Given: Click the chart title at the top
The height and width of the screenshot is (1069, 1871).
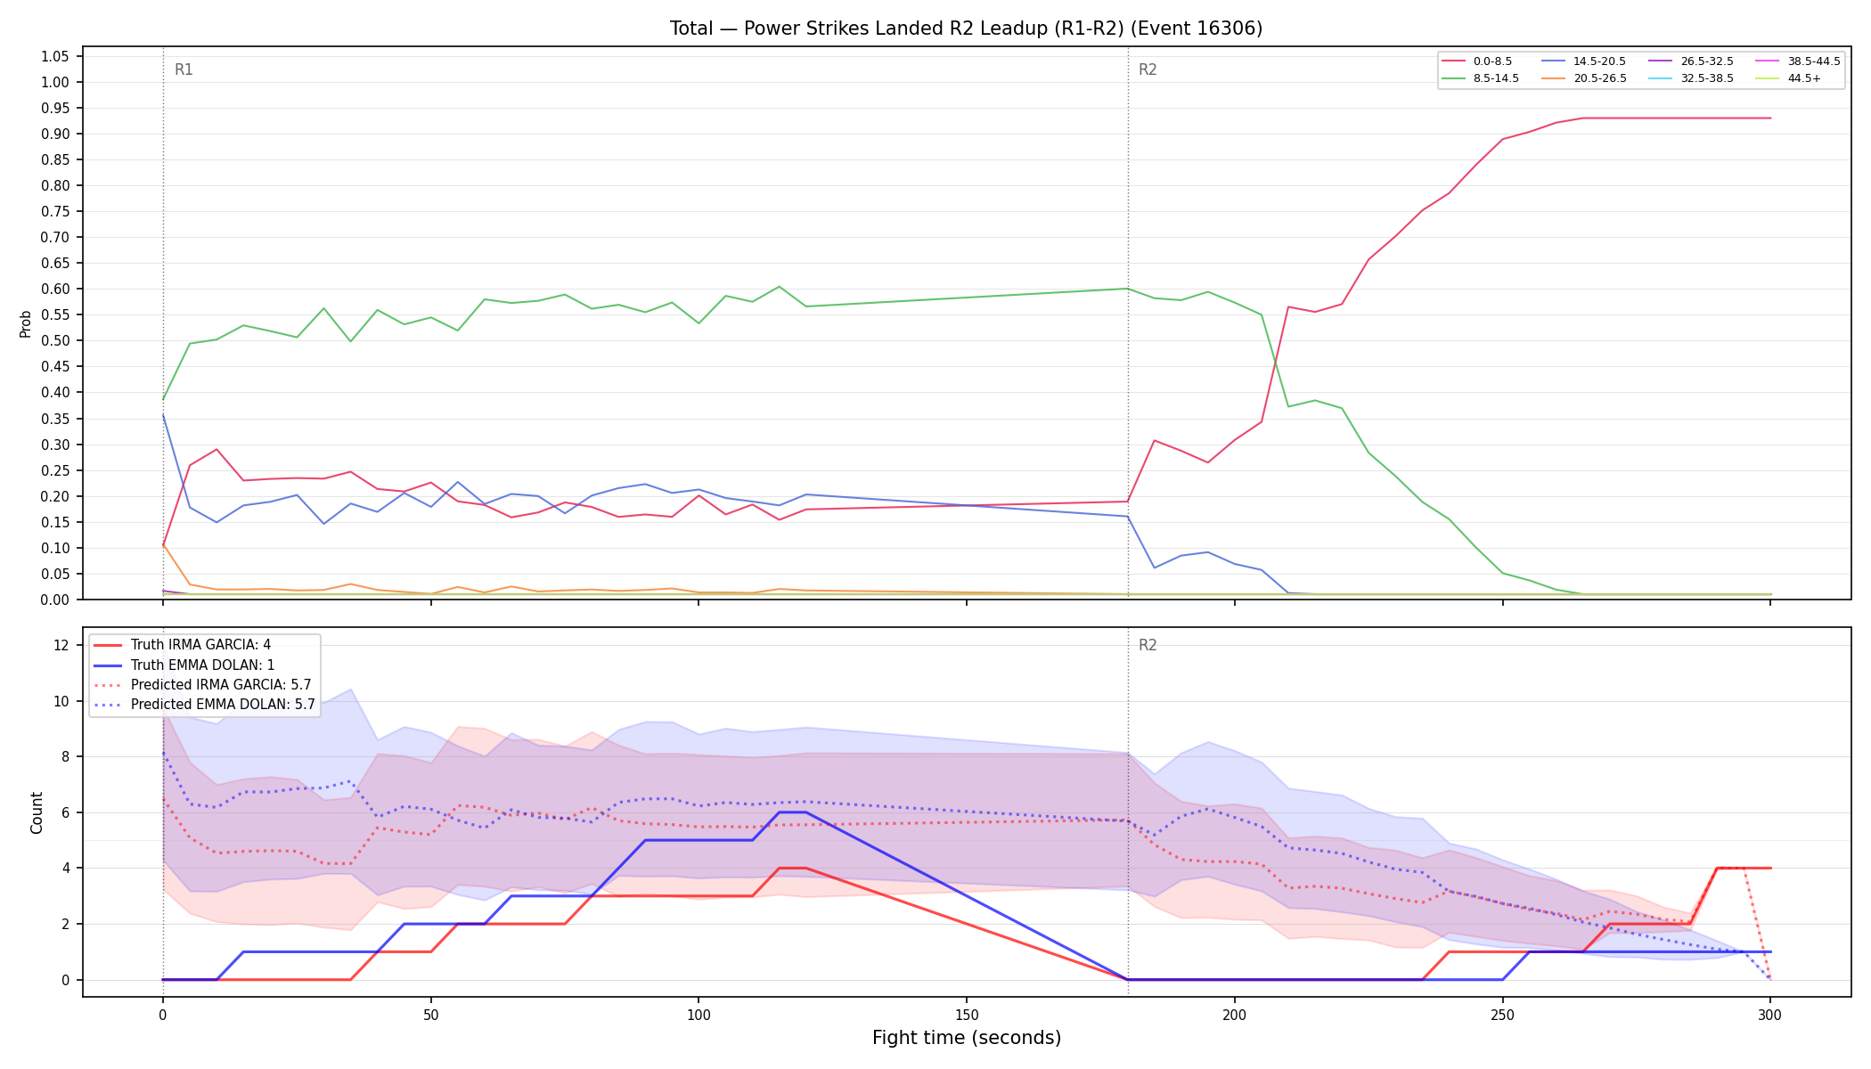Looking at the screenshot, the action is coord(966,29).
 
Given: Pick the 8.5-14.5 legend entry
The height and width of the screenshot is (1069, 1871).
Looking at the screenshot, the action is coord(1480,78).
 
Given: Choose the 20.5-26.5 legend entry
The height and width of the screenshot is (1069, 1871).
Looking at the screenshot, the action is coord(1583,78).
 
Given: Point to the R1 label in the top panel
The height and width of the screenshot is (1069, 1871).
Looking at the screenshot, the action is coord(184,69).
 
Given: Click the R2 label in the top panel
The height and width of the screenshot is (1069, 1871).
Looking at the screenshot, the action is coord(1148,69).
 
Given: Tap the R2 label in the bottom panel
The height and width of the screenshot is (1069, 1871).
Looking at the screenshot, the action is coord(1148,645).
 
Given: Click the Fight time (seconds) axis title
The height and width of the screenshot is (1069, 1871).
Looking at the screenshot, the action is coord(967,1038).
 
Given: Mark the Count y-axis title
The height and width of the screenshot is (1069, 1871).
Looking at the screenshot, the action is coord(37,812).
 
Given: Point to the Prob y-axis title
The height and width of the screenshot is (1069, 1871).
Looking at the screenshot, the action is coord(25,323).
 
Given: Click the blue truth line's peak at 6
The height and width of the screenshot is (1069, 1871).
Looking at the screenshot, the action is coord(792,812).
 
